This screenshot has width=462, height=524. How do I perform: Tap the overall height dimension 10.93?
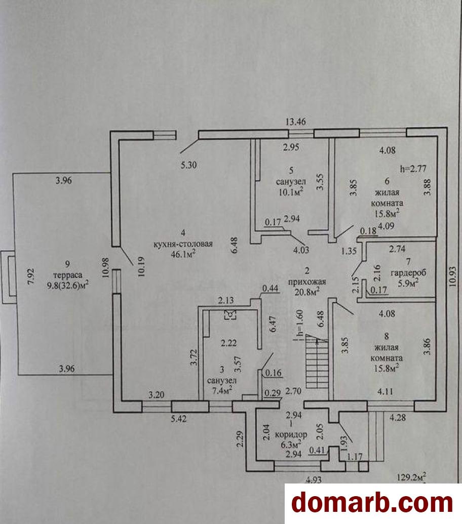click(453, 276)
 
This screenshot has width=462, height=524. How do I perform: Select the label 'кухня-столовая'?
click(183, 244)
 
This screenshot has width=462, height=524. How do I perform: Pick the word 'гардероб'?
click(408, 273)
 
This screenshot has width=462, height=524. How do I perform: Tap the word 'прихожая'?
click(307, 281)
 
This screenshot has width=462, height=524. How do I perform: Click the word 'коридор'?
click(291, 435)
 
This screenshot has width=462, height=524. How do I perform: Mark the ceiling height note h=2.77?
click(413, 169)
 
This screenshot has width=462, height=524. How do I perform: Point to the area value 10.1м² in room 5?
click(291, 192)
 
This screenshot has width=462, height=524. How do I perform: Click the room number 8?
click(387, 336)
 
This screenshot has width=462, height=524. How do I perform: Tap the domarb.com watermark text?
click(372, 503)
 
